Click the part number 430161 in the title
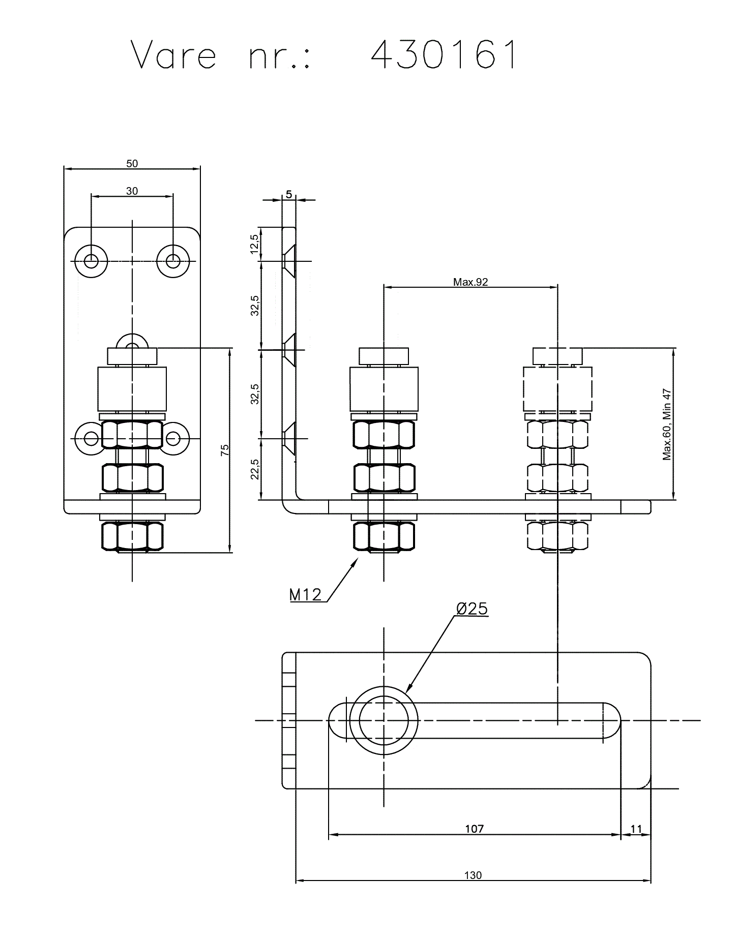click(444, 54)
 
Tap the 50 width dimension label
click(132, 164)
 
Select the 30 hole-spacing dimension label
click(132, 191)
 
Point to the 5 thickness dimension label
click(289, 194)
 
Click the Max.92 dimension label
click(471, 282)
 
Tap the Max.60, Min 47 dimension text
click(667, 424)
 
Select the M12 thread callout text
click(306, 594)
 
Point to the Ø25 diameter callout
click(472, 609)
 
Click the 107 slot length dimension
click(474, 829)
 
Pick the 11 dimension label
click(636, 829)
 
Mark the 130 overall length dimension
click(473, 875)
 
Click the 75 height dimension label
click(225, 449)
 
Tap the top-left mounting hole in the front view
click(92, 261)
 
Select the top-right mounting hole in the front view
click(173, 261)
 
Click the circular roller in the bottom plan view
click(384, 720)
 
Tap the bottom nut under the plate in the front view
click(132, 536)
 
